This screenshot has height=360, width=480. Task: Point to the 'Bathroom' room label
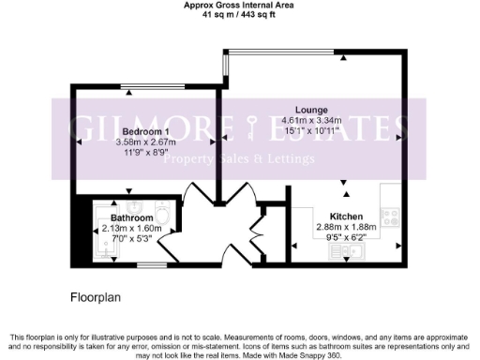[x=119, y=217]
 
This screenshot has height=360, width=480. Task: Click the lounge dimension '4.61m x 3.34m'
[x=312, y=120]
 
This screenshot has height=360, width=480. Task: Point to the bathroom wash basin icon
[x=136, y=206]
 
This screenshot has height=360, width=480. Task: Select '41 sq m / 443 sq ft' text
[x=239, y=17]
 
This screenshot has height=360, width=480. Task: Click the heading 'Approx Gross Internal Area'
[x=239, y=6]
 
